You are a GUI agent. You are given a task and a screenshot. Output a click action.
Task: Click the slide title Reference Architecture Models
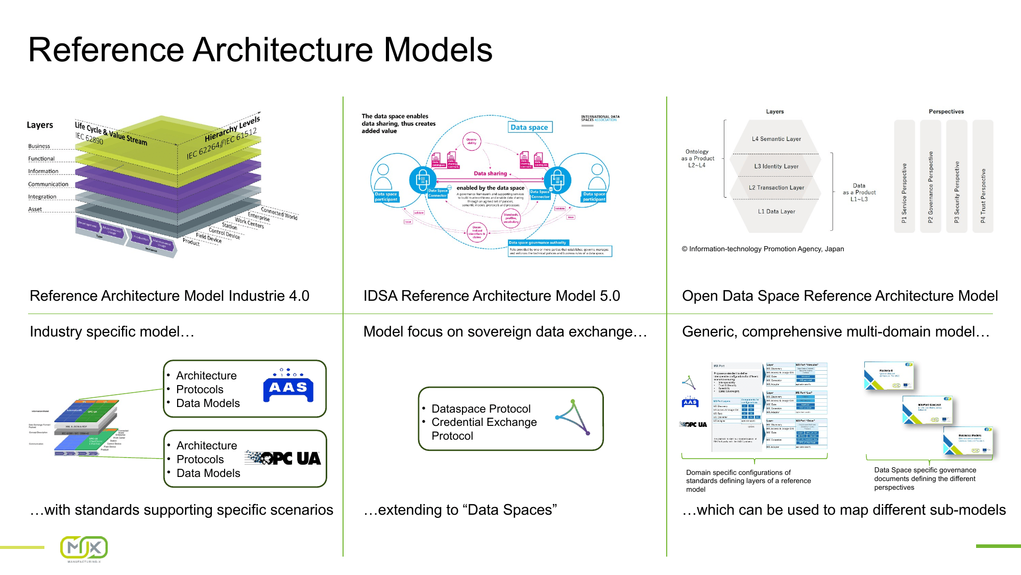coord(260,50)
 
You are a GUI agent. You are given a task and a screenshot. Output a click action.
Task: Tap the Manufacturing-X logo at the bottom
coord(84,549)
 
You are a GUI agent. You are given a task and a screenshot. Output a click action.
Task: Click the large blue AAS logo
coord(288,388)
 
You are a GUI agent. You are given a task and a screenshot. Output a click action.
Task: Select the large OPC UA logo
coord(283,458)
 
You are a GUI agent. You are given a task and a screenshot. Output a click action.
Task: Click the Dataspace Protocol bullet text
coord(480,409)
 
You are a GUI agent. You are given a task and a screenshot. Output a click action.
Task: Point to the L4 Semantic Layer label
coord(776,139)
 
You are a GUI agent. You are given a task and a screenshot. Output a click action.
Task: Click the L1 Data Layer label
coord(776,211)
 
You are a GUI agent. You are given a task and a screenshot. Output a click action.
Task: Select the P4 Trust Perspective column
coord(983,176)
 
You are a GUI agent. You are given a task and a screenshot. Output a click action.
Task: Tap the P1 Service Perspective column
coord(904,176)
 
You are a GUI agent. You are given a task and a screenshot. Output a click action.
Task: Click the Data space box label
coord(529,127)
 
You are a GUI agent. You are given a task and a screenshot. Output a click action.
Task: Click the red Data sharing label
coord(490,174)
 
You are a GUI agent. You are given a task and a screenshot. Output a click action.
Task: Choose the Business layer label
coord(39,146)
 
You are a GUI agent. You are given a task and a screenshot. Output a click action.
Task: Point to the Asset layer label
coord(35,209)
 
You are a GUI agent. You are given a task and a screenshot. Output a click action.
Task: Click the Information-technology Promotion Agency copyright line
coord(763,249)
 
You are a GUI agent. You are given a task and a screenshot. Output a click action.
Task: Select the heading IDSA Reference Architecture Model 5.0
coord(491,296)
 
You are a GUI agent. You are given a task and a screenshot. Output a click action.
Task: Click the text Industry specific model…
coord(112,332)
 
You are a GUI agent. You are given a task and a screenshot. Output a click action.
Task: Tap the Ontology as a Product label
coord(697,158)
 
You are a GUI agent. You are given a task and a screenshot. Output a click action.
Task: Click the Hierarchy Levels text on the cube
coord(232,129)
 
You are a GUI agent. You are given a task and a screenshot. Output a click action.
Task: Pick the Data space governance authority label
coord(538,243)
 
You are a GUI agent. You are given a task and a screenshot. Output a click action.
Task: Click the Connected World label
coord(279,213)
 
